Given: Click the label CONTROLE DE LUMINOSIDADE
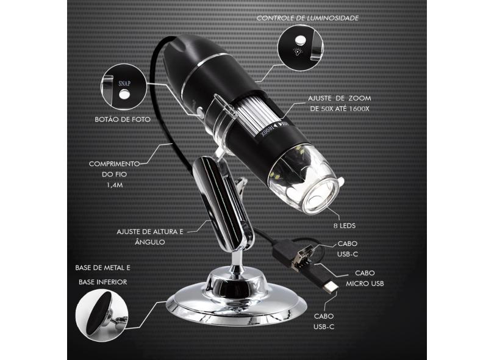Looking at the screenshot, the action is click(x=307, y=18).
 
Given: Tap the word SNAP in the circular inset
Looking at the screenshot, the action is click(x=124, y=84).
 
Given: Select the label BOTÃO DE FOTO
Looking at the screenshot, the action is click(x=123, y=120).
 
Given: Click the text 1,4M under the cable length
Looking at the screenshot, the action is click(x=115, y=185).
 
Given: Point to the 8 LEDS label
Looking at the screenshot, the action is click(x=345, y=226).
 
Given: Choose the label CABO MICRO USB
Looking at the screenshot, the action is click(x=365, y=278).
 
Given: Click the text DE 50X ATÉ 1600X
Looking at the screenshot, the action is click(x=340, y=109).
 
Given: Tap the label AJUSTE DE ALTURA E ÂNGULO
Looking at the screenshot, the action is click(x=150, y=237).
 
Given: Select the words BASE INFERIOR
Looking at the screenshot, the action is click(x=102, y=282).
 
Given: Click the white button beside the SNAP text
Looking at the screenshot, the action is click(x=124, y=94).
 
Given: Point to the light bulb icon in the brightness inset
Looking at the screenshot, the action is click(x=298, y=51).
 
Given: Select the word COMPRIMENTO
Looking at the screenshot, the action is click(x=114, y=164).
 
